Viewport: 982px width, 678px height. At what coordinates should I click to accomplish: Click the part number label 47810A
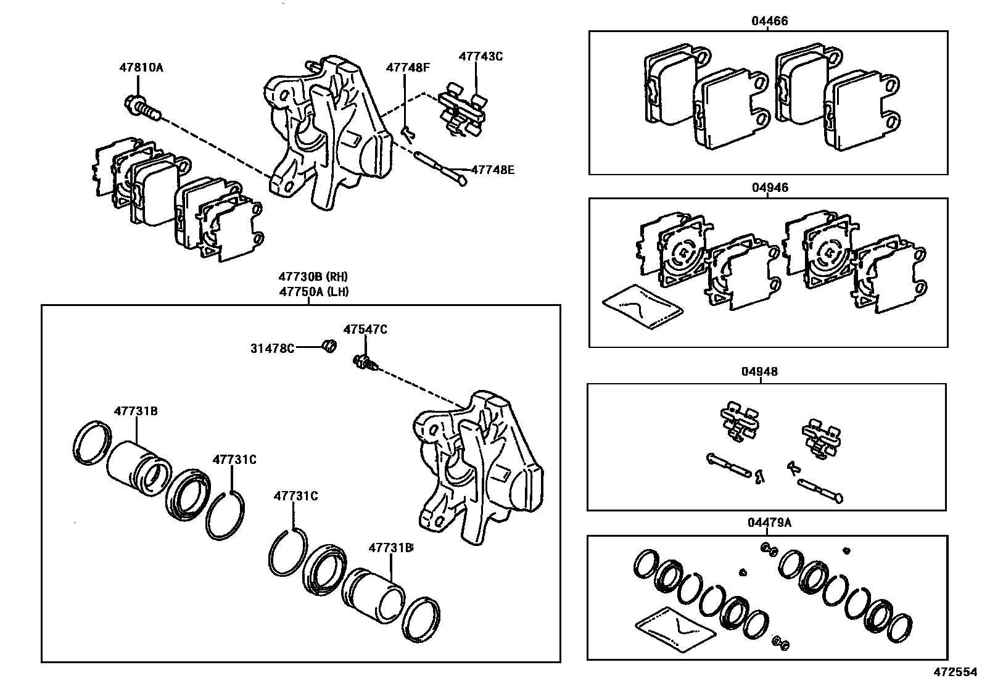[x=141, y=68]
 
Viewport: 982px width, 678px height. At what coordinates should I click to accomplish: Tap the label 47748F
[x=408, y=68]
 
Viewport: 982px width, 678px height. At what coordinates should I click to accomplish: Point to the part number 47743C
[x=481, y=56]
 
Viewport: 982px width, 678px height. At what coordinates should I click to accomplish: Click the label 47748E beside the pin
[x=492, y=168]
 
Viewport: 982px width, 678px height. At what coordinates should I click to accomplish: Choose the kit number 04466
[x=769, y=21]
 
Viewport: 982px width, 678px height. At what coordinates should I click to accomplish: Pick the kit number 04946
[x=769, y=188]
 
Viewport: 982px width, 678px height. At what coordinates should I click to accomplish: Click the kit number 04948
[x=759, y=371]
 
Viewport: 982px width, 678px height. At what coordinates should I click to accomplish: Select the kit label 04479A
[x=769, y=523]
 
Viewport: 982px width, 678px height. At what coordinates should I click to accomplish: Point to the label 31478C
[x=272, y=348]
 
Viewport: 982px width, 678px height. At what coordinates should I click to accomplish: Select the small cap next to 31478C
[x=330, y=346]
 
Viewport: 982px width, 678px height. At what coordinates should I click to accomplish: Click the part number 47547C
[x=365, y=330]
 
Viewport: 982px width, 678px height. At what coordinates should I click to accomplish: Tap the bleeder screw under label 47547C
[x=364, y=363]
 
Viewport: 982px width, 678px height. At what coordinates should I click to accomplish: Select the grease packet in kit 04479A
[x=674, y=630]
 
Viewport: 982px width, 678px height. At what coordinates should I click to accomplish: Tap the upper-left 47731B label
[x=136, y=411]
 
